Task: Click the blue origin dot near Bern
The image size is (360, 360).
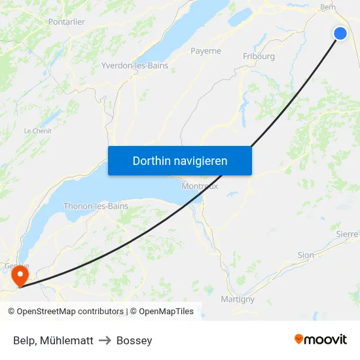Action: [340, 33]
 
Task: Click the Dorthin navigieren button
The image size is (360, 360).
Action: [180, 161]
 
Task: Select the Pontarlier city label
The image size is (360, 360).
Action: [67, 22]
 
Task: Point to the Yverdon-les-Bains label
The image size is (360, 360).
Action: [135, 65]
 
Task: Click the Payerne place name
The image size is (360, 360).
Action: [206, 51]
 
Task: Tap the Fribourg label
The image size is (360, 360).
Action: [259, 56]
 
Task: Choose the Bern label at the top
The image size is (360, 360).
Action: [327, 8]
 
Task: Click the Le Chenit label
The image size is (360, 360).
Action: [37, 131]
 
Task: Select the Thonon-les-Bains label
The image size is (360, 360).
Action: [96, 206]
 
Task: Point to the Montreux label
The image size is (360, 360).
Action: [200, 186]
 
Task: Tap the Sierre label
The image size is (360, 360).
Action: [347, 234]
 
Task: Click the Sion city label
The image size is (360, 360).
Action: [306, 255]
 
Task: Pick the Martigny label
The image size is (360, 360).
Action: [238, 299]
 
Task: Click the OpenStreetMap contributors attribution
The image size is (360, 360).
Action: [65, 312]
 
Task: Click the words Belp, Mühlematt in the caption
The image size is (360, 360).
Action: [53, 340]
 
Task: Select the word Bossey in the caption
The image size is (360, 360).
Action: [134, 340]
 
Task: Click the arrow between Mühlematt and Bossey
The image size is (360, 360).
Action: [105, 340]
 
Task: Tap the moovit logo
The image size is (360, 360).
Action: [321, 339]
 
